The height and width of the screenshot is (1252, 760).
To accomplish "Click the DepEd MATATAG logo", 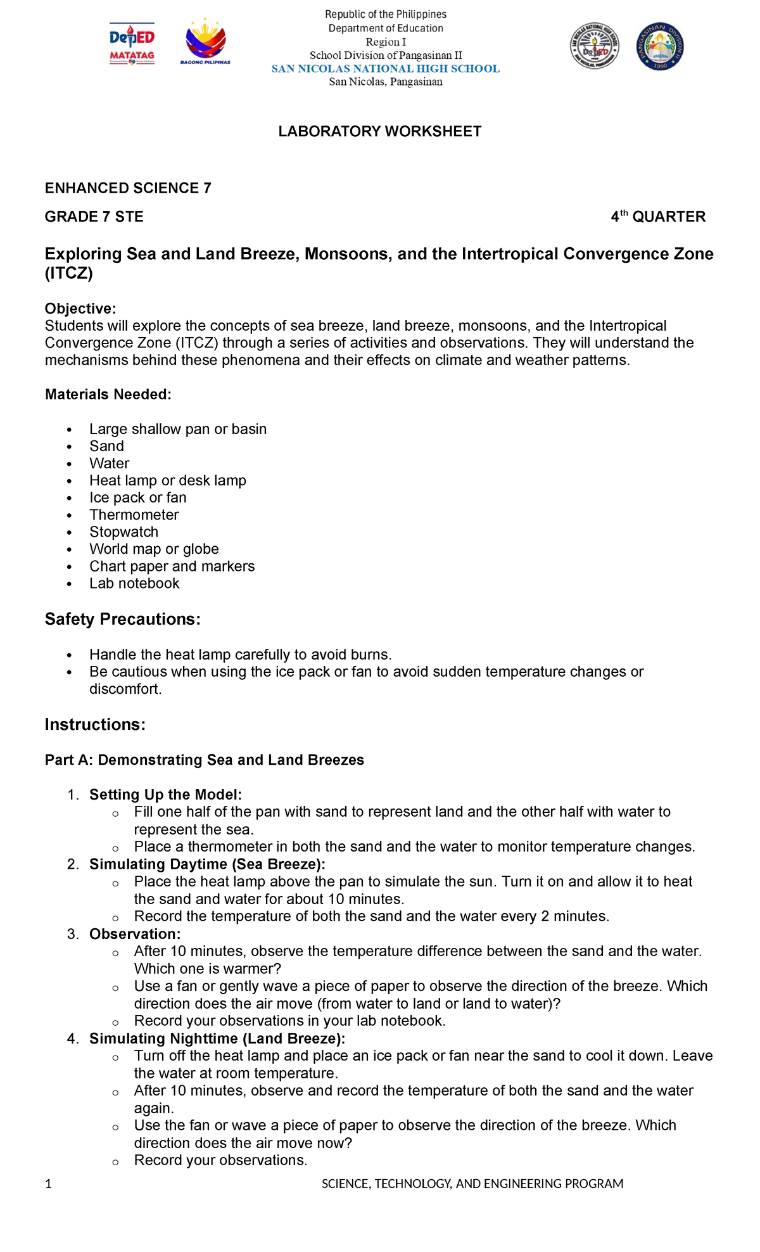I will [132, 45].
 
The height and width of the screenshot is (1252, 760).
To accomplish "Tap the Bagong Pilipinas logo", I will [205, 45].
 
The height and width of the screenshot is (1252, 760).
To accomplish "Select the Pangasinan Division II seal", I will [660, 46].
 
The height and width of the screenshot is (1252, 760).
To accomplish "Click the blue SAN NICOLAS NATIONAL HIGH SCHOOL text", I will [385, 68].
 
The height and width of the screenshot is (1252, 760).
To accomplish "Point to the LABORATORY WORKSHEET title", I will [380, 131].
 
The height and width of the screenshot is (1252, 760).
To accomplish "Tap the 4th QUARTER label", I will [657, 217].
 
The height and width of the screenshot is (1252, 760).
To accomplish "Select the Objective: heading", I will [80, 309].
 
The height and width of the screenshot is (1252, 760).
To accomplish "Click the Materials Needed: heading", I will [108, 395].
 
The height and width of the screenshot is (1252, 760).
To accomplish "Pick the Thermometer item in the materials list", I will [134, 514].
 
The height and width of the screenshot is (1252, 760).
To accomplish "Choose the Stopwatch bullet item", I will [123, 532].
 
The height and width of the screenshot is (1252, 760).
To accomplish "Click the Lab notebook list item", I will [134, 583].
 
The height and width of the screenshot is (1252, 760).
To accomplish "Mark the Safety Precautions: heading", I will [122, 619].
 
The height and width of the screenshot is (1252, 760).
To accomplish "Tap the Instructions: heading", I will [95, 724].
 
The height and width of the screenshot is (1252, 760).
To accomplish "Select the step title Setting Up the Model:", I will [165, 795].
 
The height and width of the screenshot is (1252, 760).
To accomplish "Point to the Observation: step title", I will [135, 934].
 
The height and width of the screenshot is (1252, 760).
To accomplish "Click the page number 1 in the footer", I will [48, 1184].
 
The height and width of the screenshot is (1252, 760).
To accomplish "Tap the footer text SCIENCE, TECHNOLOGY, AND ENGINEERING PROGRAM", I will [472, 1184].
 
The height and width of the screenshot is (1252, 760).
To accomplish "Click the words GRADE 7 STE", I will [94, 217].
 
